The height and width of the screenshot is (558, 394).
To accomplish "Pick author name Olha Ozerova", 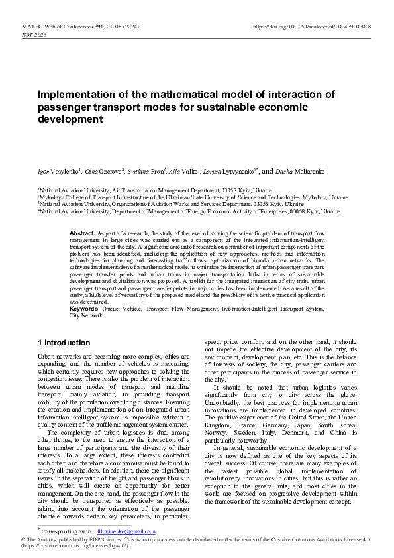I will (104, 170).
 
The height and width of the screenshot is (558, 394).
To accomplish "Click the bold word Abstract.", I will (82, 234).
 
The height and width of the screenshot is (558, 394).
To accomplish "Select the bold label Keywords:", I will (85, 309).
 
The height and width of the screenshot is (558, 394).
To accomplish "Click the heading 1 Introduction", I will (64, 343).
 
